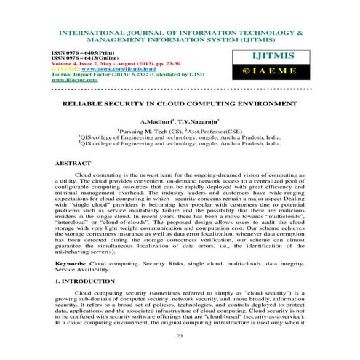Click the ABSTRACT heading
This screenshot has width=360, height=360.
click(73, 164)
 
